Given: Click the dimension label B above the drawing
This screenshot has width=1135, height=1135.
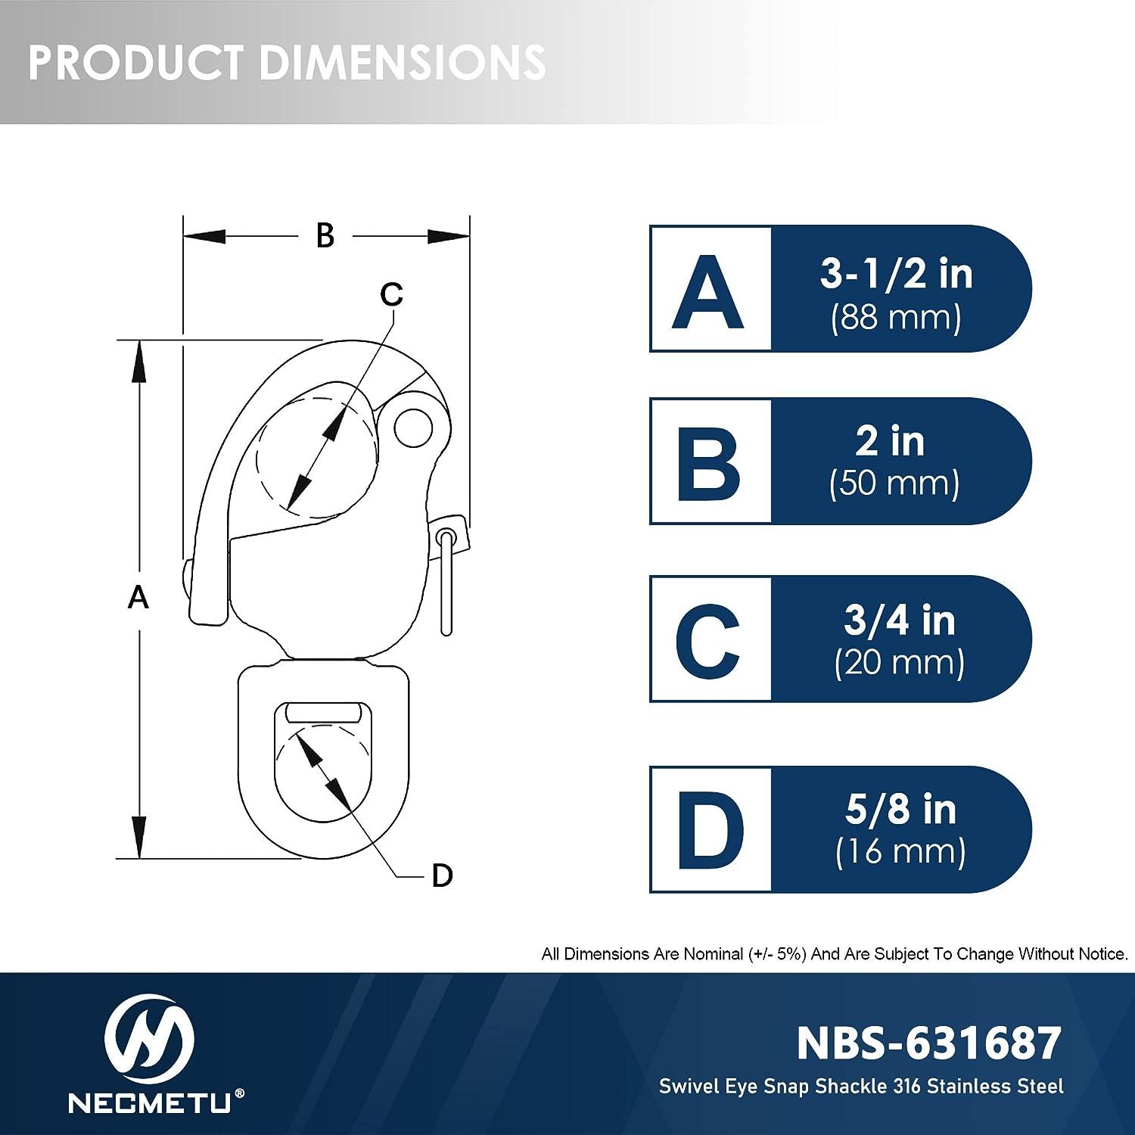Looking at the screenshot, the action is [x=325, y=235].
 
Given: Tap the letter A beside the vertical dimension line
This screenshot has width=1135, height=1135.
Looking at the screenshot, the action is [x=138, y=598].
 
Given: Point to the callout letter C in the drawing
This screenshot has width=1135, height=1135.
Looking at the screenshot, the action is [x=391, y=294].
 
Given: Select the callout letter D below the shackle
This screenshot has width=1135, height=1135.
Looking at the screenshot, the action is [x=442, y=875].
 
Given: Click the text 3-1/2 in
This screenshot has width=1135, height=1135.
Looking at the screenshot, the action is [x=896, y=273].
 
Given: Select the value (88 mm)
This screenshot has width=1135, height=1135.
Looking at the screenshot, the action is [x=896, y=318].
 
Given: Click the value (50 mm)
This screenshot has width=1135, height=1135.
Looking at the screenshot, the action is [x=894, y=484].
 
